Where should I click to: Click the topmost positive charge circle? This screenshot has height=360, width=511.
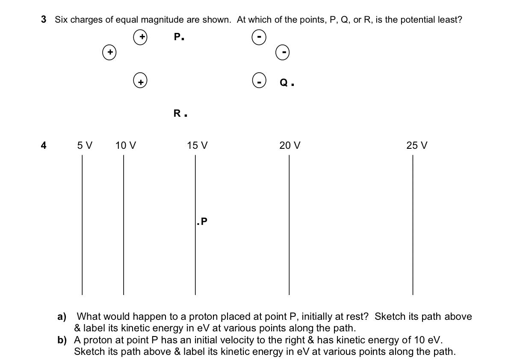pyautogui.click(x=140, y=37)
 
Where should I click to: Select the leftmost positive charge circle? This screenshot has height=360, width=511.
pyautogui.click(x=109, y=53)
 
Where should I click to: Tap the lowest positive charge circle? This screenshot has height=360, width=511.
pyautogui.click(x=140, y=80)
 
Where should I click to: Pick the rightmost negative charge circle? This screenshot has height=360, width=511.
pyautogui.click(x=283, y=53)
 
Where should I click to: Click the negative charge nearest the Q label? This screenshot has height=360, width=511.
pyautogui.click(x=259, y=80)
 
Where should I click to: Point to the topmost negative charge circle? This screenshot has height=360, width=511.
pyautogui.click(x=259, y=37)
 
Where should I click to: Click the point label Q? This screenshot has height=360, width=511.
pyautogui.click(x=285, y=83)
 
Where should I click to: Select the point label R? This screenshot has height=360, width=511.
pyautogui.click(x=177, y=113)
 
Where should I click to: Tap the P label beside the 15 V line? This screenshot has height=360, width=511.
pyautogui.click(x=203, y=221)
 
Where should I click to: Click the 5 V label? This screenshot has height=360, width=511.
pyautogui.click(x=85, y=145)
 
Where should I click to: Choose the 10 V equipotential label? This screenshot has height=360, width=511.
pyautogui.click(x=126, y=145)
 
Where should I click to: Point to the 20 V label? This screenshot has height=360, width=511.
pyautogui.click(x=290, y=145)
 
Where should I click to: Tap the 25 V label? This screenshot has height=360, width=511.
pyautogui.click(x=417, y=145)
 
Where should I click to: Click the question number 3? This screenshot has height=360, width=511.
pyautogui.click(x=44, y=19)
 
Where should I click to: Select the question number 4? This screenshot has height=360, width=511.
pyautogui.click(x=43, y=145)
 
